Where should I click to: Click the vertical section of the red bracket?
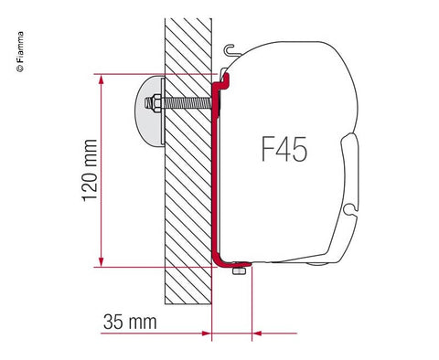pos(215,174)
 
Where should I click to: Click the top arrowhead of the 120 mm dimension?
pos(97,80)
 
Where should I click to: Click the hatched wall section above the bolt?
pos(187,46)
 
